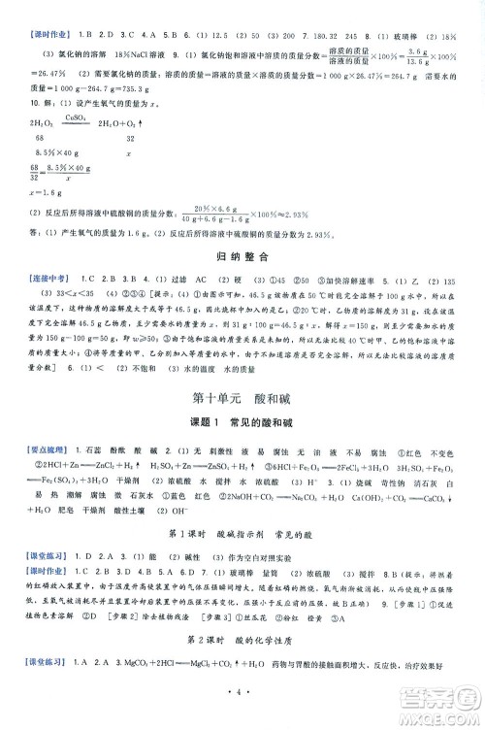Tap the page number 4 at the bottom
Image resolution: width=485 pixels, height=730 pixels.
[242, 697]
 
